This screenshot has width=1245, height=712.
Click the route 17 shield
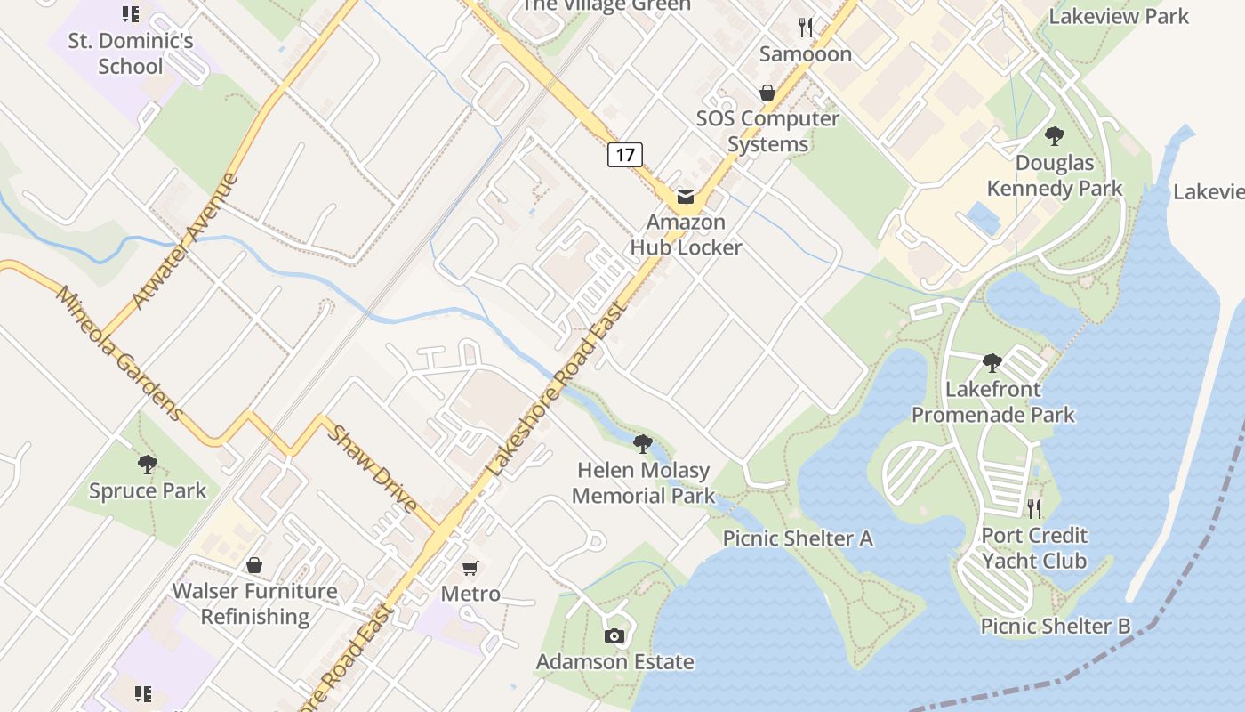pyautogui.click(x=625, y=155)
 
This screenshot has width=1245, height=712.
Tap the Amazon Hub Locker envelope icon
pyautogui.click(x=685, y=197)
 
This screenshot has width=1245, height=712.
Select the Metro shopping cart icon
pyautogui.click(x=470, y=568)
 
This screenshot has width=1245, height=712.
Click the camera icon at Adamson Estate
pyautogui.click(x=614, y=635)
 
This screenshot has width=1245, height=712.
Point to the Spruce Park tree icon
pyautogui.click(x=148, y=464)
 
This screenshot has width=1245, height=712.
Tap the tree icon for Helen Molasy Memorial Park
pyautogui.click(x=642, y=443)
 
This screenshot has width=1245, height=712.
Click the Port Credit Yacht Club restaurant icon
pyautogui.click(x=1033, y=509)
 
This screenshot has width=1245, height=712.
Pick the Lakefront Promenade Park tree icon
pyautogui.click(x=992, y=363)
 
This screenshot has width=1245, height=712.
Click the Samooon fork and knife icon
pyautogui.click(x=806, y=28)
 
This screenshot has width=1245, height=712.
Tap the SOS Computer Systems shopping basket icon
pyautogui.click(x=767, y=93)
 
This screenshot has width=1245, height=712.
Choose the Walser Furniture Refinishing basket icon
pyautogui.click(x=254, y=565)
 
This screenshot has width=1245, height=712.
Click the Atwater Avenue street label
pyautogui.click(x=185, y=240)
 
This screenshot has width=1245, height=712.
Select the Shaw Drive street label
pyautogui.click(x=372, y=468)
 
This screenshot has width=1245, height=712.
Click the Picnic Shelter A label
pyautogui.click(x=798, y=538)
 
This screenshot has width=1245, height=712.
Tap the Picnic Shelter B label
pyautogui.click(x=1056, y=626)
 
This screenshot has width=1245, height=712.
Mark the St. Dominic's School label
pyautogui.click(x=131, y=53)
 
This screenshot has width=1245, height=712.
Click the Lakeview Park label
pyautogui.click(x=1119, y=16)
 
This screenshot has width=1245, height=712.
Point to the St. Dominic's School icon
pyautogui.click(x=131, y=14)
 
